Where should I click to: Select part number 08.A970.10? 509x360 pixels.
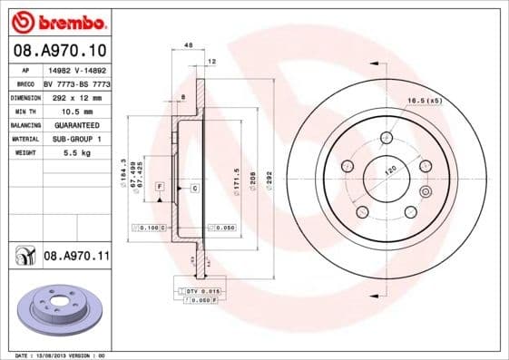(x=60, y=48)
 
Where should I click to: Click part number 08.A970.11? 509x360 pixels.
(x=76, y=258)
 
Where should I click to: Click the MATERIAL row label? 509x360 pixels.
(x=24, y=139)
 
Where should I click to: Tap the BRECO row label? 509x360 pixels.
(x=24, y=83)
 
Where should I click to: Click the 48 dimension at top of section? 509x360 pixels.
(x=188, y=44)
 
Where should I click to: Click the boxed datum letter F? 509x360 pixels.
(x=159, y=186)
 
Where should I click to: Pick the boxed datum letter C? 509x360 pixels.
(x=194, y=188)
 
